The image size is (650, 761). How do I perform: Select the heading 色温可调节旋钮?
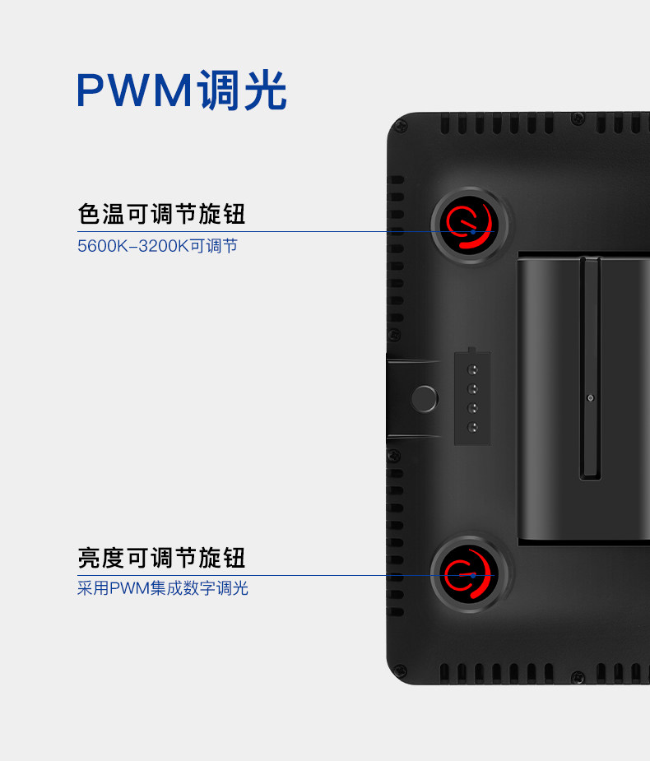coord(161,215)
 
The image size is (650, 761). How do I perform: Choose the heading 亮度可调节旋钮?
coord(161,558)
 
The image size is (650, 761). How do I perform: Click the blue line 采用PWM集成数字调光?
coord(162,588)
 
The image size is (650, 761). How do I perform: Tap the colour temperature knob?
coord(471,226)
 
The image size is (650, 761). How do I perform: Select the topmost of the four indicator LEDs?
coord(473,370)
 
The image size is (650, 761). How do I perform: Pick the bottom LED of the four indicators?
coord(473,427)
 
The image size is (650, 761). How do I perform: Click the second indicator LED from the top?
coord(473,389)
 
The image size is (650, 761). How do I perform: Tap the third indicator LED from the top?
coord(473,408)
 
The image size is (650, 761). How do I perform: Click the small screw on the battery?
coord(590,398)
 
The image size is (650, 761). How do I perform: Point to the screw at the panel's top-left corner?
coord(401,126)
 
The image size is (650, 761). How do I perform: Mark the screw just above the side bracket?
coord(394,335)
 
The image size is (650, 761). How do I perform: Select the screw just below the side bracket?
coord(394,455)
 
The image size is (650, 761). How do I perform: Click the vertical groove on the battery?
coord(589,366)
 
